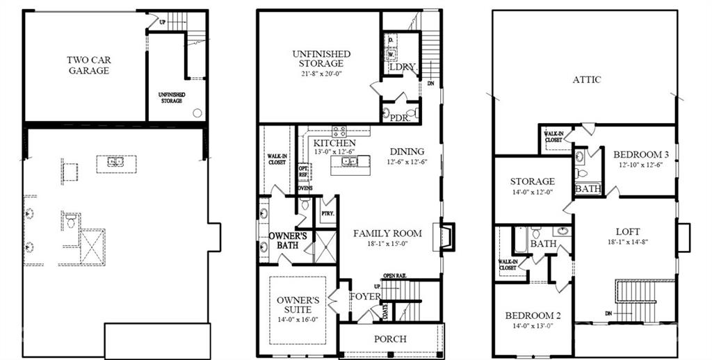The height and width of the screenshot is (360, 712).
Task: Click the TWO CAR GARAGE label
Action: (88, 65)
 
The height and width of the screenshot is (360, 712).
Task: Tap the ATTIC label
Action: (587, 80)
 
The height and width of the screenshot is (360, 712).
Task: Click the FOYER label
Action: (365, 297)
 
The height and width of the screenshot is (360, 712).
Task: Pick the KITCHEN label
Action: (334, 142)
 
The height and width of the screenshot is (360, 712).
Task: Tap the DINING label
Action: (407, 152)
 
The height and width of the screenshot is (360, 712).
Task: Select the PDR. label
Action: (399, 119)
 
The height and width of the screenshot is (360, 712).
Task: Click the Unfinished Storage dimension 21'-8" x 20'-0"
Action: (321, 74)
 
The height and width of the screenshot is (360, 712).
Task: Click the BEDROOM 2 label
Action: (533, 316)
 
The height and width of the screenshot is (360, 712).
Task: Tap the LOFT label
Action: (626, 231)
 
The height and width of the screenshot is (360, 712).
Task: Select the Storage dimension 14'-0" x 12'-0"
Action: (532, 192)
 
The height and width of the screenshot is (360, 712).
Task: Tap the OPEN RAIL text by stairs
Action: (394, 276)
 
